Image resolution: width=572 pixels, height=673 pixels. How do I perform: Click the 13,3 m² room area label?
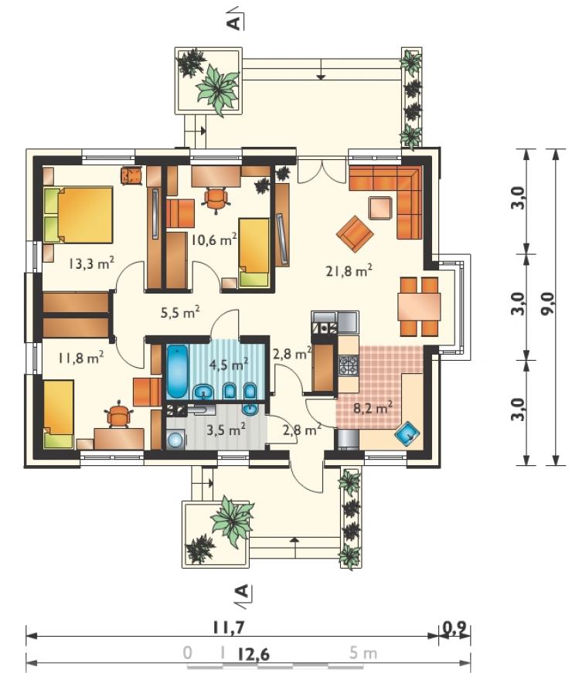91,263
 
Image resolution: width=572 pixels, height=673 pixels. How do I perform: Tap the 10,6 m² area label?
214,239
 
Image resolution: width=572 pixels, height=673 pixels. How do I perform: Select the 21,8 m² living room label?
349,271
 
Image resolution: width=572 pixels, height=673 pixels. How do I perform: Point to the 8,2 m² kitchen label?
373,407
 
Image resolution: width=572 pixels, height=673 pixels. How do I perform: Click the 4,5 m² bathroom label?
229,365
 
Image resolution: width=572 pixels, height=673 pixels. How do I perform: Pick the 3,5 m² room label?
226,429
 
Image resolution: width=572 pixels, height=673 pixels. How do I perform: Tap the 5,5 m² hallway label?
180,312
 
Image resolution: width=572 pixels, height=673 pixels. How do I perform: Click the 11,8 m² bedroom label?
80,357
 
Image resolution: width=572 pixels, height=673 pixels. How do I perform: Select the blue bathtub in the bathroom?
176,372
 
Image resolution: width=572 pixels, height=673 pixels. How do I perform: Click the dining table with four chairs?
420,307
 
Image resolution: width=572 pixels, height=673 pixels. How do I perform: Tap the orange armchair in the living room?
355,233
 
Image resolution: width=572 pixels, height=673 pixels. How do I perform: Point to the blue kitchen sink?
408,434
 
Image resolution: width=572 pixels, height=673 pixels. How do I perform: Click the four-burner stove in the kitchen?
349,365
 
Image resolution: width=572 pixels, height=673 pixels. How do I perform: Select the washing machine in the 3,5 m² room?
175,440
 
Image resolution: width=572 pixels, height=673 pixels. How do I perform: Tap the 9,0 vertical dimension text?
548,304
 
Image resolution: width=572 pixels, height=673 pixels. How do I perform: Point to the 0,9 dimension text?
454,628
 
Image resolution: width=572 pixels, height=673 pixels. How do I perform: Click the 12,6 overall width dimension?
254,654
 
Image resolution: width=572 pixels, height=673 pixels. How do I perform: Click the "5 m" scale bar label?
363,653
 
